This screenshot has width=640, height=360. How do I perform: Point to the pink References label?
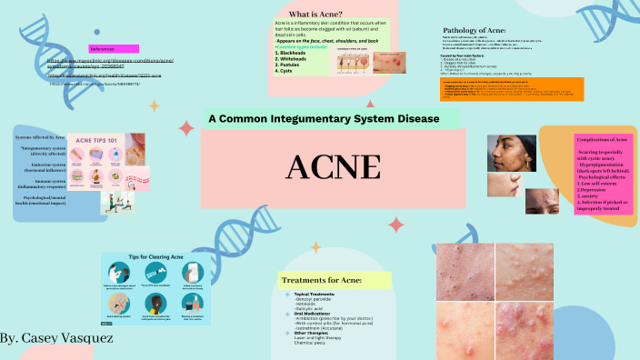[x=115, y=47]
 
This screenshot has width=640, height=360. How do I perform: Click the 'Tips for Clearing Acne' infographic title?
[x=155, y=259]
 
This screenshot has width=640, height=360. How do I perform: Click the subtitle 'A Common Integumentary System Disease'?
[x=323, y=119]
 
